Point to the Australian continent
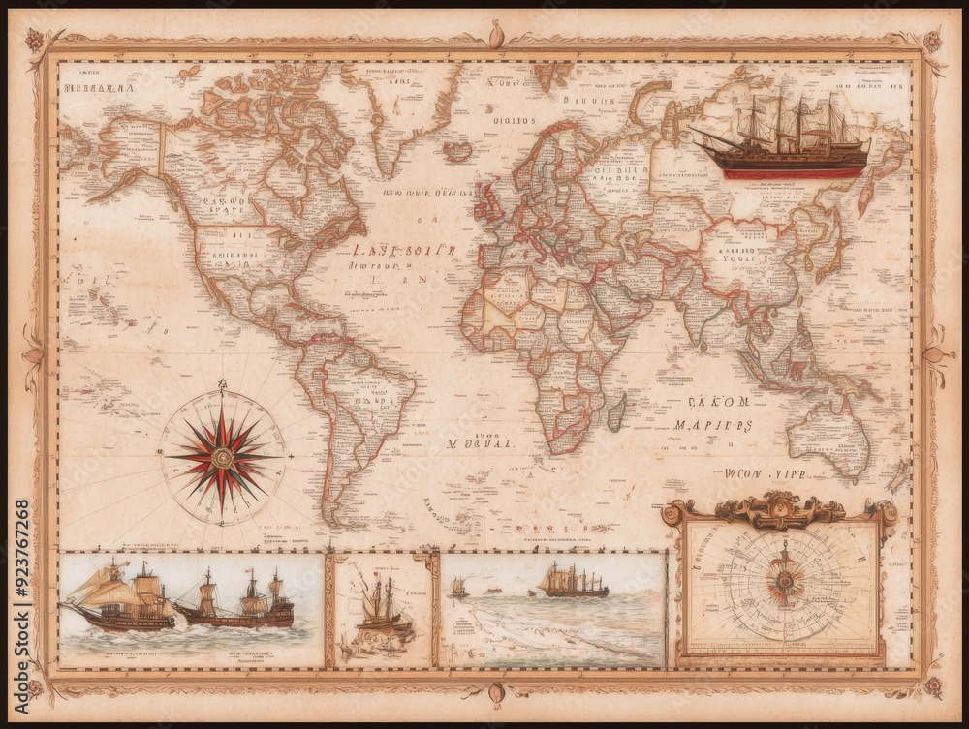pyautogui.click(x=828, y=436)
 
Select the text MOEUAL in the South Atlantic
pyautogui.click(x=481, y=445)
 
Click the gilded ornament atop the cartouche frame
pyautogui.click(x=778, y=506)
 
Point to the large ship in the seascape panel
pyautogui.click(x=574, y=582)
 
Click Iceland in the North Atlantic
pyautogui.click(x=458, y=150)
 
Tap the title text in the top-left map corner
pyautogui.click(x=97, y=88)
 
